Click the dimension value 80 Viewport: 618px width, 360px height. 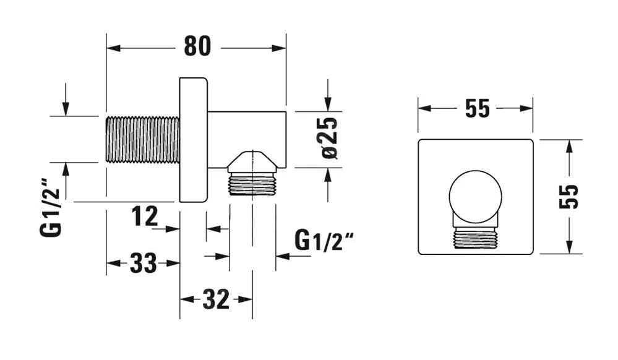[197, 46]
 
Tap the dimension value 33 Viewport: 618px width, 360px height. [143, 263]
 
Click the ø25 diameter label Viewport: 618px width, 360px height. [330, 137]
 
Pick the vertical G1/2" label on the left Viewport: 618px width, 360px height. [51, 207]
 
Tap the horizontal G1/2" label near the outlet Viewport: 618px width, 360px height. [324, 241]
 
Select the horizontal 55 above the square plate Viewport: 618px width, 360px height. [478, 108]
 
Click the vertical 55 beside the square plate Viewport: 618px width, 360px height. [569, 196]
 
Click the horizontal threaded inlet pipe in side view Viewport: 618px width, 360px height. [143, 139]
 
